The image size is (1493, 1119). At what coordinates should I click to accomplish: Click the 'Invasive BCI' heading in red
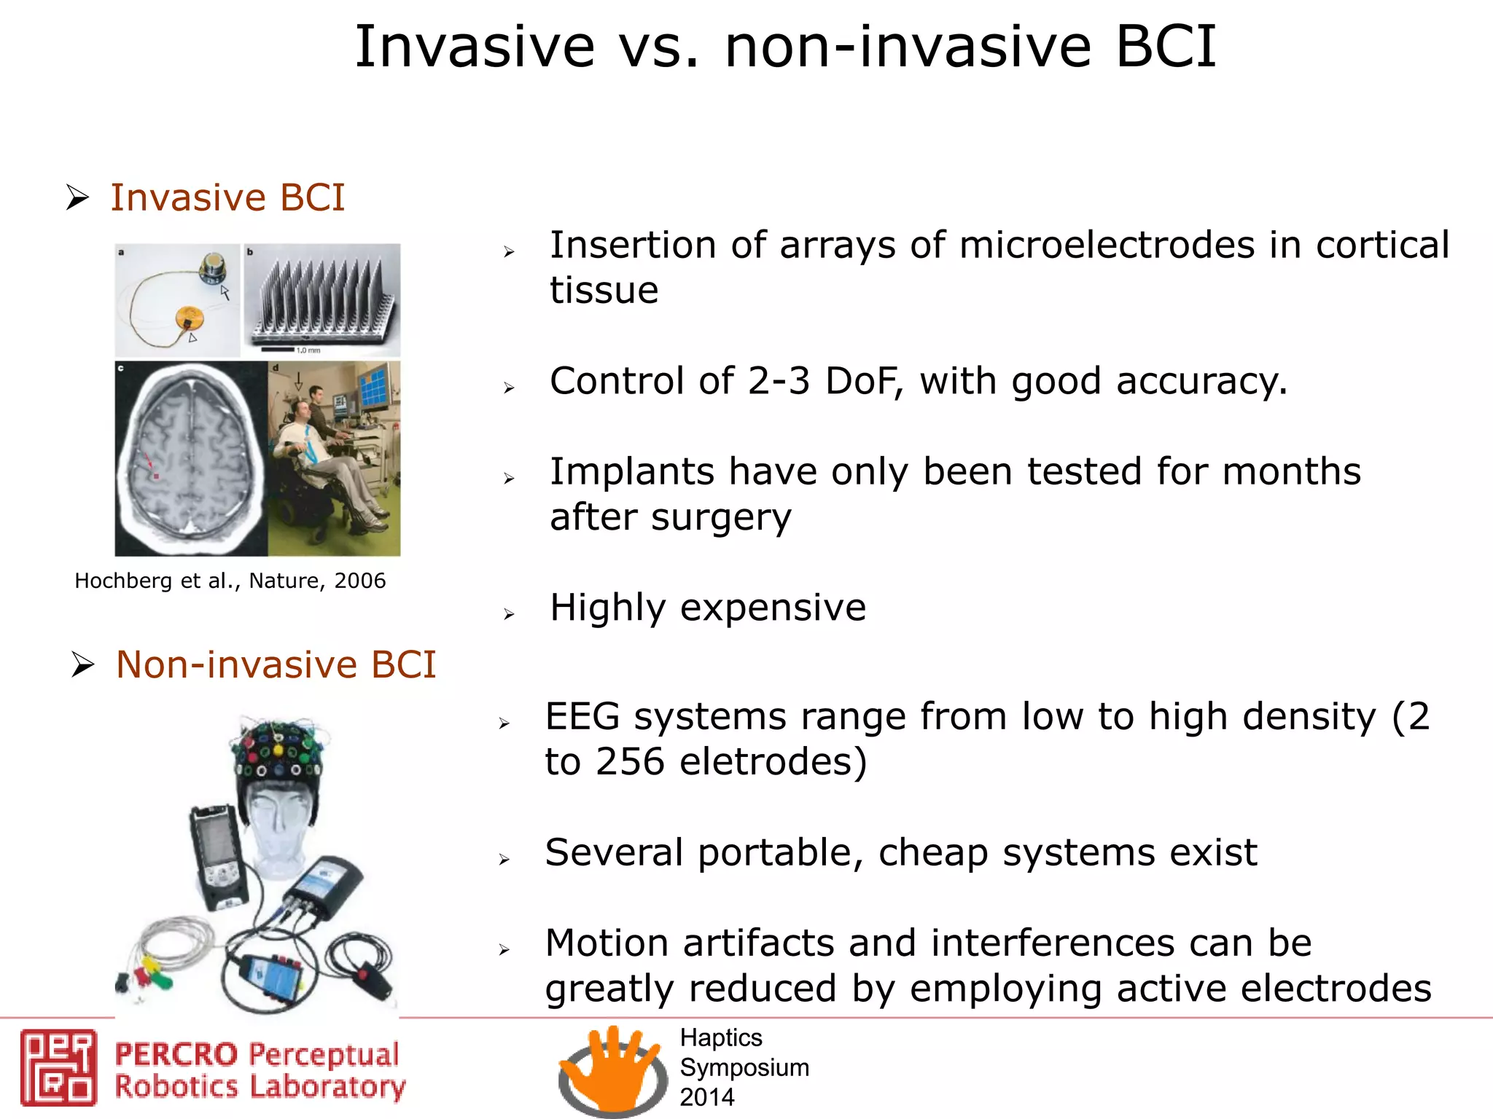pos(227,197)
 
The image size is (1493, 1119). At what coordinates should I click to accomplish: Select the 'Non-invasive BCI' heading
pos(276,664)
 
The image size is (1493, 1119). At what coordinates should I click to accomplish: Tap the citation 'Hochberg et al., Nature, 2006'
pos(230,581)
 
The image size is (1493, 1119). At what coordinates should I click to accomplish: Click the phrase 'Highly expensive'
pos(707,608)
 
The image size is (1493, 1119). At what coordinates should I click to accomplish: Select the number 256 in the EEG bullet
pos(630,762)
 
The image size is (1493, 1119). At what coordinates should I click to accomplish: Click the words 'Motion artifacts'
pos(690,943)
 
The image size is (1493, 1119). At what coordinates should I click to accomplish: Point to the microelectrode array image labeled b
pos(322,300)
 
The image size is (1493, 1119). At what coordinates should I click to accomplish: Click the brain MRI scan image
pos(191,459)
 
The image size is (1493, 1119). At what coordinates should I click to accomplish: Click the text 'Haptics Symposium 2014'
pos(744,1067)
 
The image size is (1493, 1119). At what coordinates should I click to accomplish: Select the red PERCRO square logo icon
pos(58,1067)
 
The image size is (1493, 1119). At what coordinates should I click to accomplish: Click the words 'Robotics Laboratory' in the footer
pos(260,1087)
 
